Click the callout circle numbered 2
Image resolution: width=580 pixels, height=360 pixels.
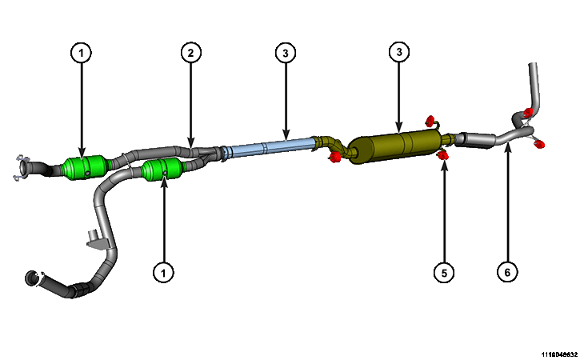click(x=190, y=53)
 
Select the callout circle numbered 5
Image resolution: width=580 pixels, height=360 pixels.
click(x=444, y=273)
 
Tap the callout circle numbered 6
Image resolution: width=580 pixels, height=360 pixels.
click(x=507, y=272)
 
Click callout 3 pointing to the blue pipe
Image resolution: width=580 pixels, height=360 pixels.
click(x=285, y=53)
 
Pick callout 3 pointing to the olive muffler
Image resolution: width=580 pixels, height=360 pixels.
click(x=398, y=52)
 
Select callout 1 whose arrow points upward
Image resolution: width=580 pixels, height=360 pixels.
click(x=163, y=273)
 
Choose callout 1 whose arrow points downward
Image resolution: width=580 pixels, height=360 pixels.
click(x=81, y=53)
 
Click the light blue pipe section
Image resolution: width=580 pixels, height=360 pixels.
click(x=269, y=147)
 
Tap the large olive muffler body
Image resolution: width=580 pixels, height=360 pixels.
click(x=396, y=147)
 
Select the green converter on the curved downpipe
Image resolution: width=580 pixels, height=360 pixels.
click(x=162, y=170)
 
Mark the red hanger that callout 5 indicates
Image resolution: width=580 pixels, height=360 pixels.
click(x=442, y=155)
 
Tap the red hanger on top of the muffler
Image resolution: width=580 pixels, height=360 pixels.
click(x=430, y=121)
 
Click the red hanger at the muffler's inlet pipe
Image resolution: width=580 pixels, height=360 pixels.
click(x=334, y=158)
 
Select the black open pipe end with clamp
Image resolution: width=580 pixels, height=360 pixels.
click(x=32, y=278)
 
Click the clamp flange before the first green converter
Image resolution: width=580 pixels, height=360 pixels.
click(x=22, y=168)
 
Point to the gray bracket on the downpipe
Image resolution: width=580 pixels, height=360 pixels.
click(x=97, y=240)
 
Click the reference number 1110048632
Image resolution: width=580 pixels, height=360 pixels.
click(x=560, y=355)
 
